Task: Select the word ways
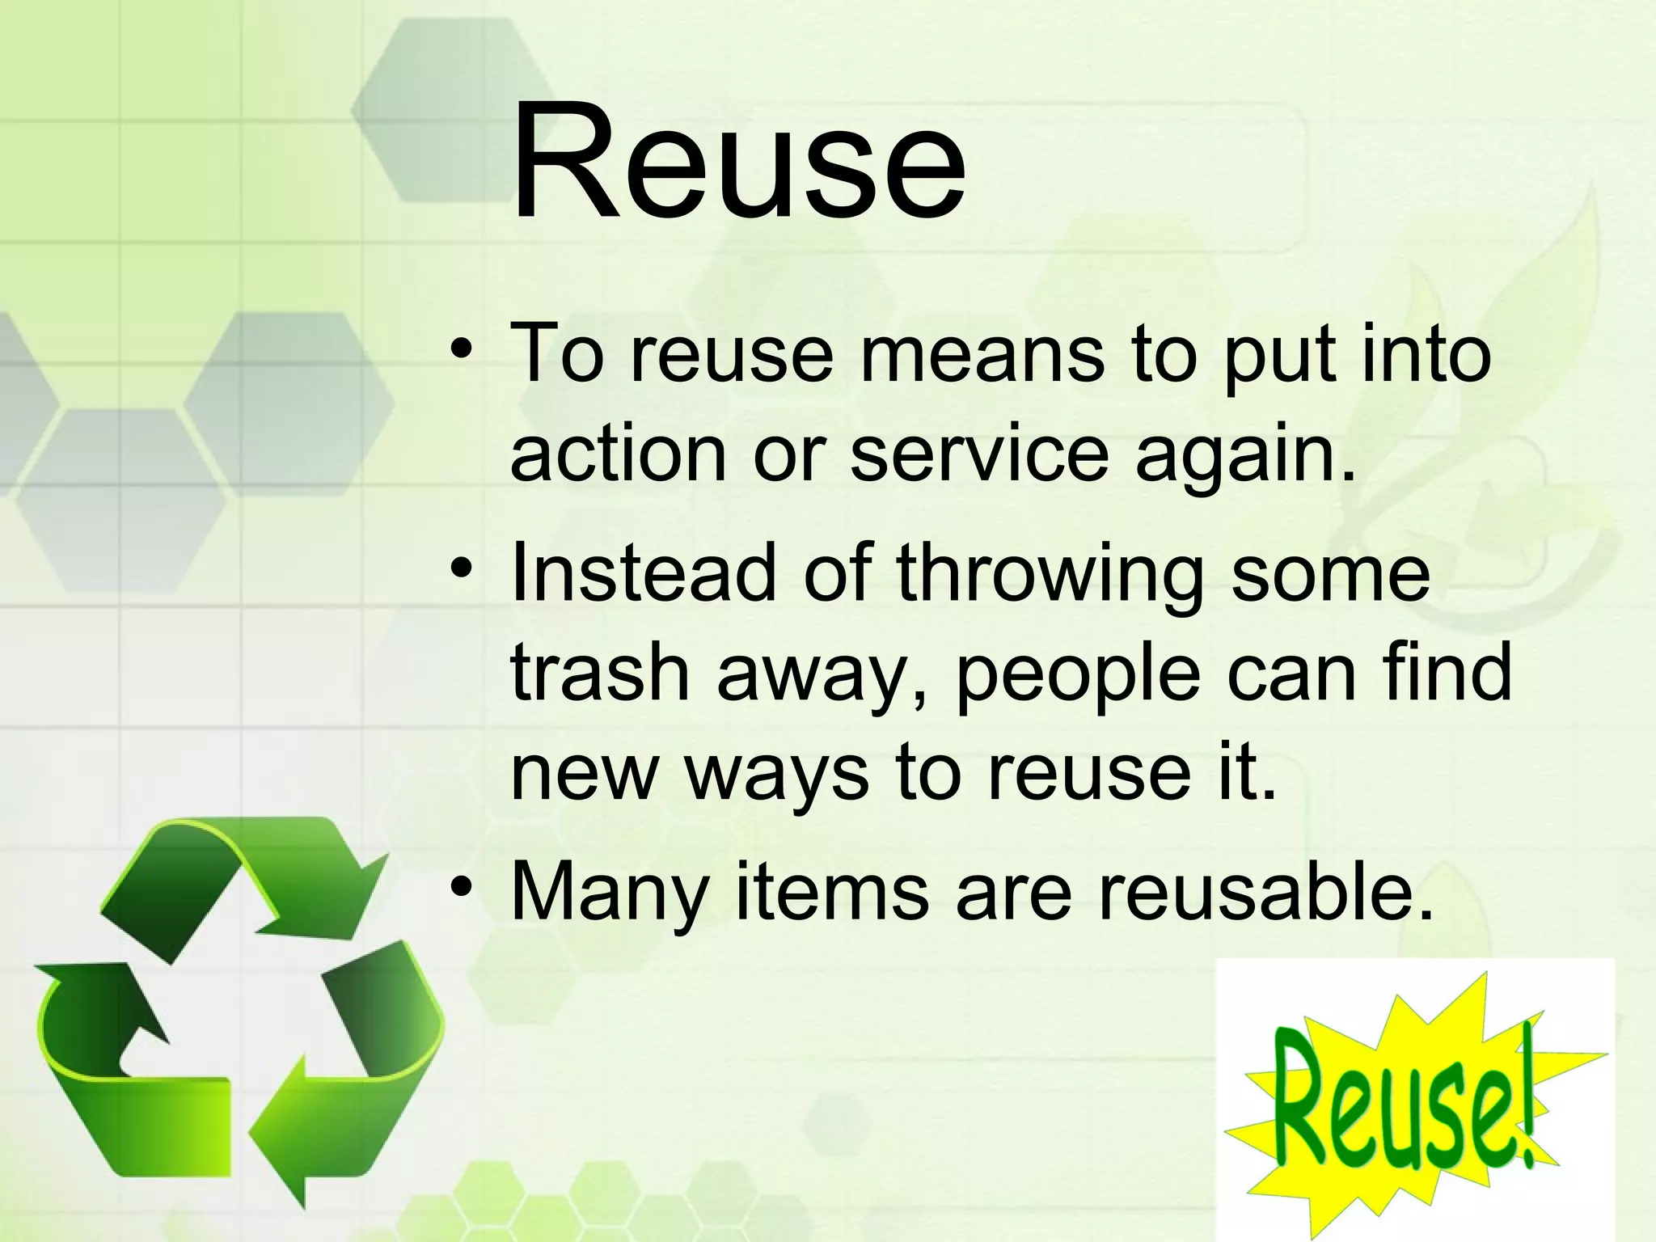click(777, 775)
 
